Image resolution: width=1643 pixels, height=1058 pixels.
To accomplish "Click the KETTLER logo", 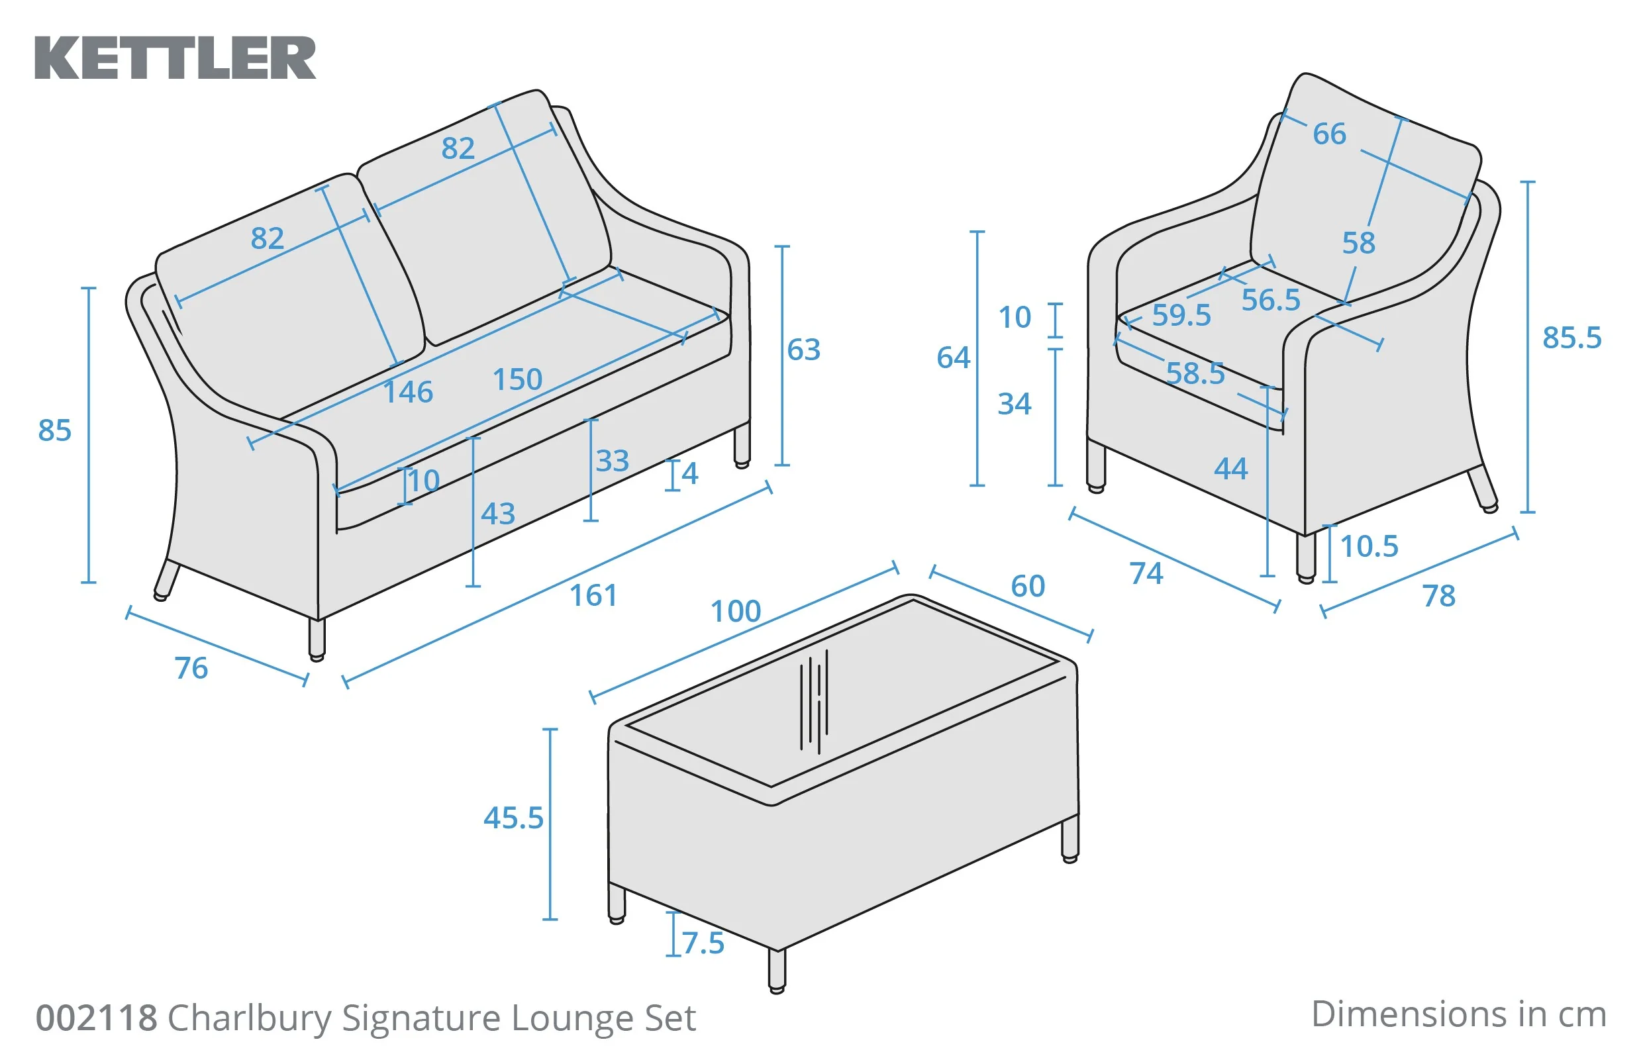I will pos(175,58).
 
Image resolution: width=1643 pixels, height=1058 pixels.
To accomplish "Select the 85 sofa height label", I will pos(55,431).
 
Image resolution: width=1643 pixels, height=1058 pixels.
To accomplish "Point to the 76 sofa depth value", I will pos(191,669).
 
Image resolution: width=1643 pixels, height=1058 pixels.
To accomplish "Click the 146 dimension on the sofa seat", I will pos(408,393).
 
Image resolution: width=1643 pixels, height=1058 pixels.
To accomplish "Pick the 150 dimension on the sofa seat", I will pos(518,380).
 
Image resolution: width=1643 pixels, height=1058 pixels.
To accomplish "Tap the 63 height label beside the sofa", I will pos(803,350).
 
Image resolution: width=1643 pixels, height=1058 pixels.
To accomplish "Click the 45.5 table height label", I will pos(513,818).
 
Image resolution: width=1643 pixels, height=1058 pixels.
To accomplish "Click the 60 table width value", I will pos(1028,586).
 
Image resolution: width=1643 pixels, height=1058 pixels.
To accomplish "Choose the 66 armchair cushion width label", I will pos(1329,134).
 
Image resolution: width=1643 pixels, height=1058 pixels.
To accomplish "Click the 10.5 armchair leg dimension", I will pos(1369,547).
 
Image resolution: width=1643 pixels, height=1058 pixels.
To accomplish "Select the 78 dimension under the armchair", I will pos(1439,597).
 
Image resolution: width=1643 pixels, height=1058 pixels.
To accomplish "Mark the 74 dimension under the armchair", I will pos(1146,573).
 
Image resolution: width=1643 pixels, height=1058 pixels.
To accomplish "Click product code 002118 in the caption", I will pos(96,1018).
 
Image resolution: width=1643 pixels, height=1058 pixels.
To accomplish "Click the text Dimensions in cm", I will pos(1458,1015).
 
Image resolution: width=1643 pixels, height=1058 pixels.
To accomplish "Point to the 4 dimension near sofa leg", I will pos(690,473).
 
